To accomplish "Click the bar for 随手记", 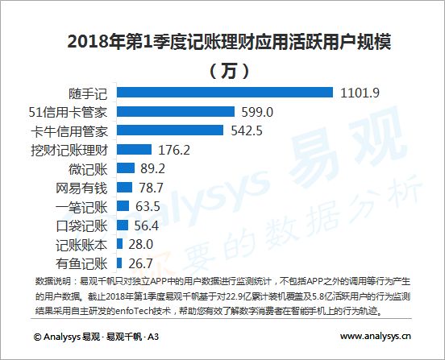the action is [x=225, y=93].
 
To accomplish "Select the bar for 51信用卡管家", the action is [x=176, y=111].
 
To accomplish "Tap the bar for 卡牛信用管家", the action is [x=170, y=130].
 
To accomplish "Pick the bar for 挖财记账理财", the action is [x=135, y=149].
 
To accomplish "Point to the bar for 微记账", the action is [x=126, y=168].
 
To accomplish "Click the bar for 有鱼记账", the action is [x=119, y=263].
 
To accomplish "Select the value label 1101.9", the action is [x=360, y=93].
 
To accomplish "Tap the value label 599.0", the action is [x=257, y=112].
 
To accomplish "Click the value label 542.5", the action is [x=247, y=130].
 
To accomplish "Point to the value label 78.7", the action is [x=151, y=188].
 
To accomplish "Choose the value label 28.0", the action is [x=141, y=244].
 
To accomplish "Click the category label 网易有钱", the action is [x=81, y=188].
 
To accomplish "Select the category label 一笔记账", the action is [x=81, y=207].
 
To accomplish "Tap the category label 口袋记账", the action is [x=81, y=226].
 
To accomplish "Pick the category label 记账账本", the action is [x=81, y=245].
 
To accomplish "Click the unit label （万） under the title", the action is [x=229, y=71].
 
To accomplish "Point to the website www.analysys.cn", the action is [x=376, y=337].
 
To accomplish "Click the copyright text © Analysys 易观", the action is [x=67, y=337].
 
